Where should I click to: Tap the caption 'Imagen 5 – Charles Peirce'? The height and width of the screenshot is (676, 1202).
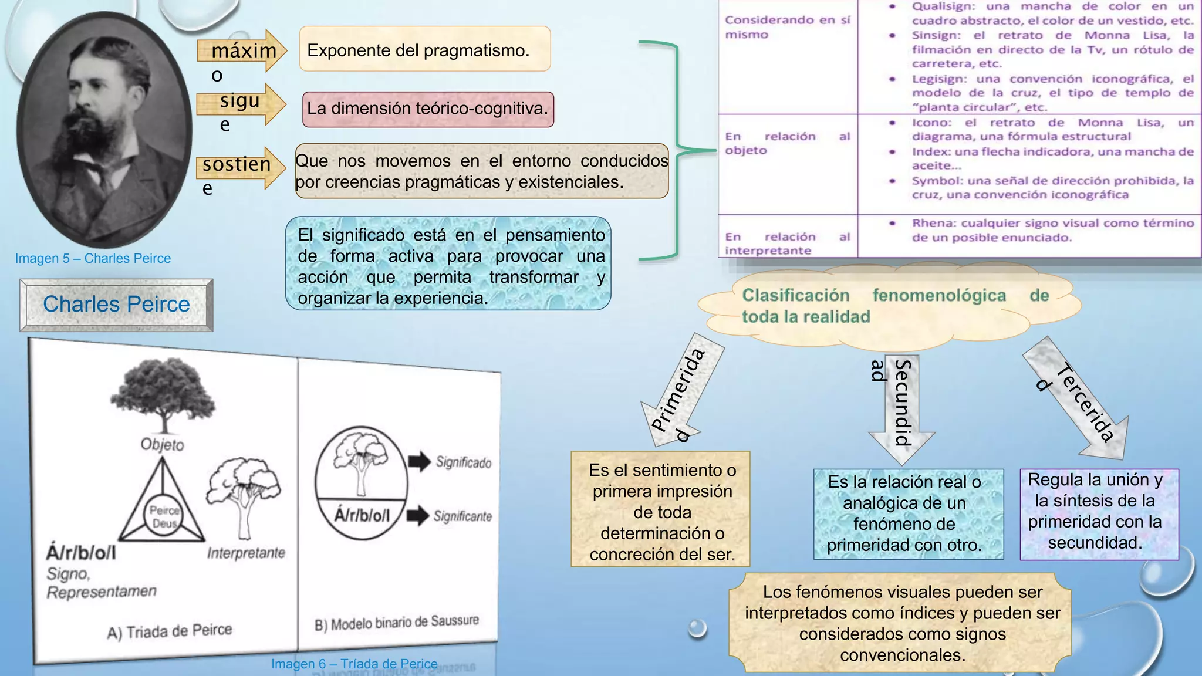[x=93, y=258]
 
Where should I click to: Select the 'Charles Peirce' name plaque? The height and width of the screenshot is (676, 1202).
[x=116, y=305]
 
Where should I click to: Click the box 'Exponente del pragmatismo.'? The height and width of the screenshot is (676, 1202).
[x=424, y=50]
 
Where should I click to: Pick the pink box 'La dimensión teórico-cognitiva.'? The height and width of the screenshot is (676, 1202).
[x=428, y=109]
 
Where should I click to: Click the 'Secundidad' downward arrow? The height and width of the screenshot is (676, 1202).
[x=901, y=405]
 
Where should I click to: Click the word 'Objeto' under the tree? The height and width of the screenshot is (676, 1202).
[x=162, y=444]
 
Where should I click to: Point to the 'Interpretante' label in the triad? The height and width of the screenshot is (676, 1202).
[x=246, y=553]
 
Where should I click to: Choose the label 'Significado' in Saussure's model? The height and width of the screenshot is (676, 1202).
[x=463, y=462]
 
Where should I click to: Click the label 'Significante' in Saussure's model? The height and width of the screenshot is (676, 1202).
[x=462, y=516]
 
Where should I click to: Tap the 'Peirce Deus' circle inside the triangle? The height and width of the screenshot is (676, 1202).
[x=164, y=517]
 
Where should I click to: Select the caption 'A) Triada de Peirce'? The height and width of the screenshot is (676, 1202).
[x=170, y=631]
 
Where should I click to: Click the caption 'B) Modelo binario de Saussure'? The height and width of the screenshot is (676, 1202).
[x=397, y=623]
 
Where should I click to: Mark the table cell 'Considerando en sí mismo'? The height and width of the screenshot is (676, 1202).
[x=786, y=27]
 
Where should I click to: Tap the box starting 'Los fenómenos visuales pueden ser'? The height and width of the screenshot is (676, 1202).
[x=902, y=623]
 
